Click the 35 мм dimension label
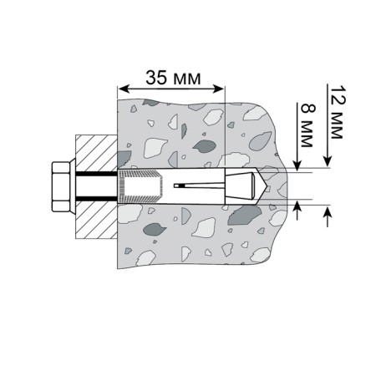[x=173, y=78]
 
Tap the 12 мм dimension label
[x=338, y=112]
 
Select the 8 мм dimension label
[x=308, y=125]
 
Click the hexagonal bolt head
[x=61, y=186]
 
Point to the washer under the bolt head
[x=73, y=186]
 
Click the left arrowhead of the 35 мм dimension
[x=124, y=89]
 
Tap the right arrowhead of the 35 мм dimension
[x=218, y=89]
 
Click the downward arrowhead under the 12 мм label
[x=328, y=162]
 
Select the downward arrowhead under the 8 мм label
[x=297, y=165]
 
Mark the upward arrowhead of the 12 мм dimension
[x=328, y=211]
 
